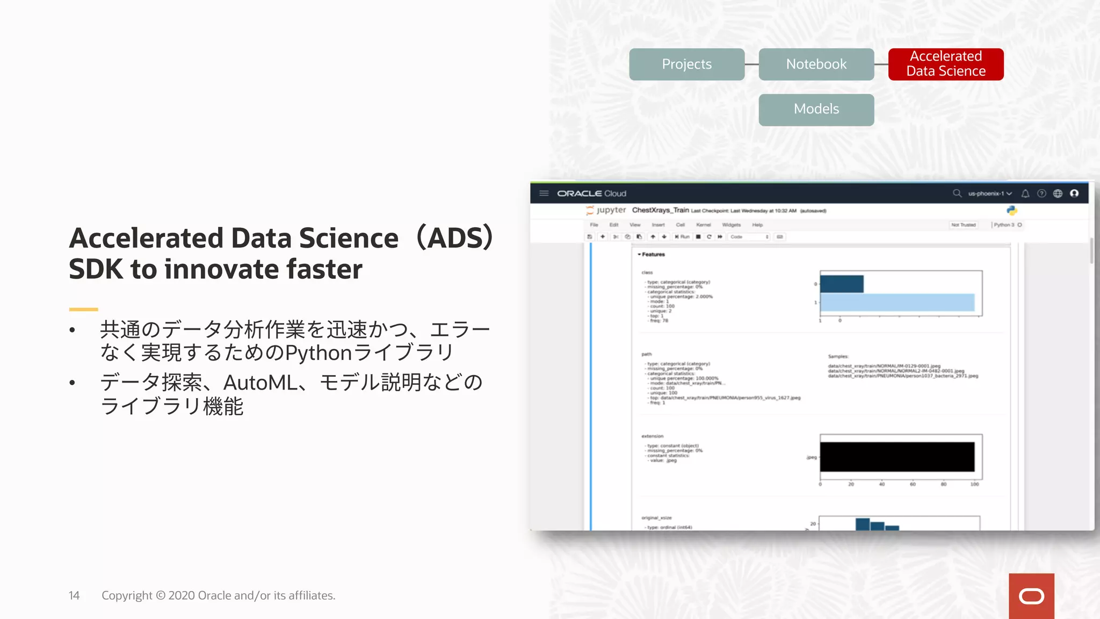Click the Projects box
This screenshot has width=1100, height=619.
(x=686, y=64)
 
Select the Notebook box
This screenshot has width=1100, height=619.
(x=816, y=64)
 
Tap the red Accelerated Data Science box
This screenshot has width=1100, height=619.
(x=945, y=64)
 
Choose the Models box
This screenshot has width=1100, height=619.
(x=816, y=110)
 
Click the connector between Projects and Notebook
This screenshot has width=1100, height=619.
(x=751, y=64)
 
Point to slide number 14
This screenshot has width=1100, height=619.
(x=74, y=595)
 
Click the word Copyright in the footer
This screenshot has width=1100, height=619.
(x=127, y=595)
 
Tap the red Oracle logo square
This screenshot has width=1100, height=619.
(x=1031, y=596)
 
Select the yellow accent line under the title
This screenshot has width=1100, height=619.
(x=83, y=309)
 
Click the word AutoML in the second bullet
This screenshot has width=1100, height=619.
(x=260, y=383)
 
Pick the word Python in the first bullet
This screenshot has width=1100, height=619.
(x=318, y=353)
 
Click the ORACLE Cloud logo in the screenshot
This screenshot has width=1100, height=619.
(x=591, y=193)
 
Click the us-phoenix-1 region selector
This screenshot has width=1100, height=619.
(x=989, y=193)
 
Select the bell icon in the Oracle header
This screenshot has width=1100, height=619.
(x=1025, y=193)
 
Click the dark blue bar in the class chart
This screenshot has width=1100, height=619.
(x=841, y=284)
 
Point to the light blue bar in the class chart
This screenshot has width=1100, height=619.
(x=897, y=303)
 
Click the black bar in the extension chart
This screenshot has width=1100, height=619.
(x=897, y=457)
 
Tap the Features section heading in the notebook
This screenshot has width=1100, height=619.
(x=653, y=255)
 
